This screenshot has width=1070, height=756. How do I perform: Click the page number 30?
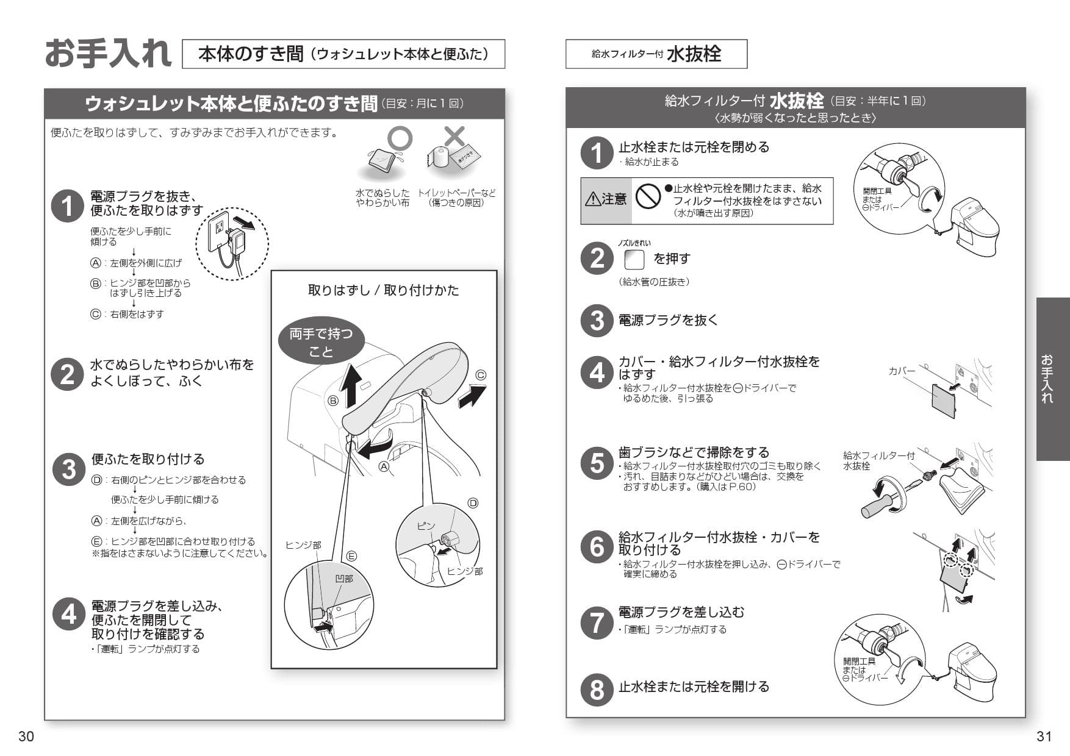point(26,736)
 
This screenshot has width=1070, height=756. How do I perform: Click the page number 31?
point(1044,736)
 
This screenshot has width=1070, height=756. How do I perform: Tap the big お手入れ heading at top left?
point(108,54)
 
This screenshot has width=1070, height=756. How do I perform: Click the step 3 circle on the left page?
point(68,469)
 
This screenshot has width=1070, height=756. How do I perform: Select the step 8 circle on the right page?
point(597,690)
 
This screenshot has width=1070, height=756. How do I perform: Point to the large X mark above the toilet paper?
point(454,137)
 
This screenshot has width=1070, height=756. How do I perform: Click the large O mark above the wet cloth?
point(400,139)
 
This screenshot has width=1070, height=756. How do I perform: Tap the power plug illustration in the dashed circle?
point(232,243)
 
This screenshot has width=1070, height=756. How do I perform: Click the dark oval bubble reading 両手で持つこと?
point(321,342)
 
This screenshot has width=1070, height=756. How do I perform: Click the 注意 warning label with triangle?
point(606,199)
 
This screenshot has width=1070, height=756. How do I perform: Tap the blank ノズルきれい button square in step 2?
point(634,260)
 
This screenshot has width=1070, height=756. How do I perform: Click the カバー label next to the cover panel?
point(902,371)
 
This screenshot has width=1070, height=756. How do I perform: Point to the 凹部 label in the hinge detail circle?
point(344,578)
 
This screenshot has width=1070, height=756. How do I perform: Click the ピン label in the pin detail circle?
point(426,526)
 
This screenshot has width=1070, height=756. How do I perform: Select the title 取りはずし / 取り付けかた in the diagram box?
point(383,290)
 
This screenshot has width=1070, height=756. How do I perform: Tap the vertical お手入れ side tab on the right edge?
point(1052,379)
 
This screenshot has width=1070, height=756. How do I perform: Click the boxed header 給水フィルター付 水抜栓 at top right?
point(656,54)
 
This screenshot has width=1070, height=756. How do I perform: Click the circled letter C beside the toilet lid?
point(481,375)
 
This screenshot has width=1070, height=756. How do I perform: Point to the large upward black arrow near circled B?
point(350,383)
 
